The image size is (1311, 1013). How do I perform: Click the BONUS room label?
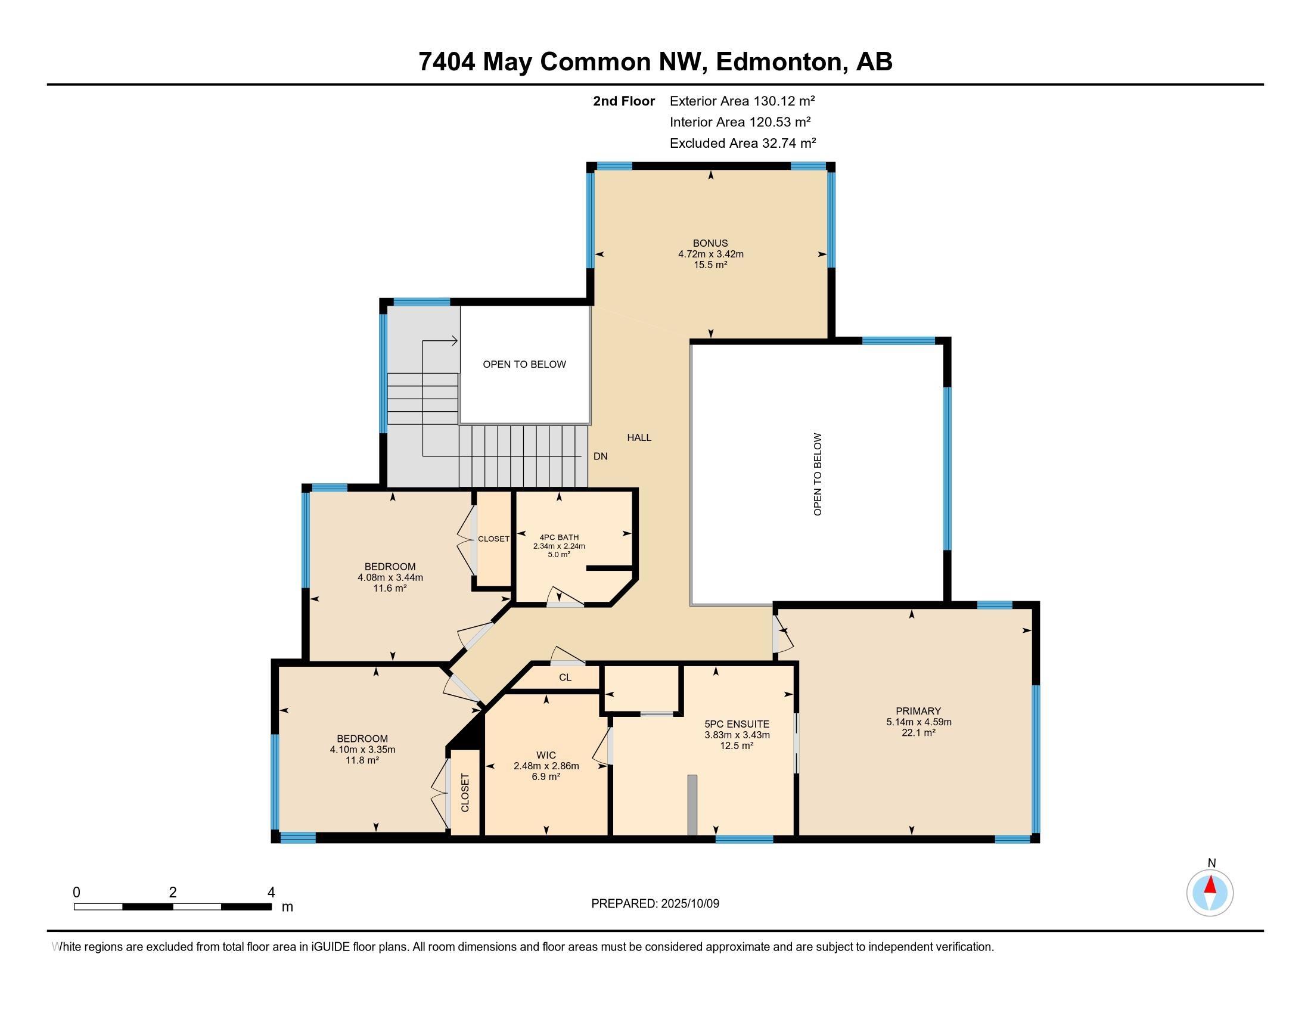click(710, 243)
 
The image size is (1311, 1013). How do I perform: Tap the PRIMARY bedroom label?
click(918, 711)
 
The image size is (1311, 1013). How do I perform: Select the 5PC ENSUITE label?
click(737, 725)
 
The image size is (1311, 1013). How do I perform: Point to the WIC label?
click(546, 755)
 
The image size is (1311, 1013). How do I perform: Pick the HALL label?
click(639, 437)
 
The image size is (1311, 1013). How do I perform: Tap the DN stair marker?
click(600, 456)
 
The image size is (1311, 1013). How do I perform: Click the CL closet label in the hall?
click(565, 678)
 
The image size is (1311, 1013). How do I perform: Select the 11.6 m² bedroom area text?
click(390, 588)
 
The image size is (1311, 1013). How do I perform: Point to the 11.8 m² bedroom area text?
click(362, 760)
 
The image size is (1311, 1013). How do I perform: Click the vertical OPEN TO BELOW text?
click(817, 474)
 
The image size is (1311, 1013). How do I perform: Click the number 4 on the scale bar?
click(271, 893)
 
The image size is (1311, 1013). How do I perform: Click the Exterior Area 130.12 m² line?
click(743, 101)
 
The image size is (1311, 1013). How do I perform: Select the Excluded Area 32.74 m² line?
click(743, 143)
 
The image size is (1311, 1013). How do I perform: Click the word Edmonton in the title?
click(777, 61)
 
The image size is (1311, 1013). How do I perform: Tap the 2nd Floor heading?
click(624, 101)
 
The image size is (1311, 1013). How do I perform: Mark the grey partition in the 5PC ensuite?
click(692, 805)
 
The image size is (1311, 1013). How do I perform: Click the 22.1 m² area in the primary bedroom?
click(919, 733)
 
